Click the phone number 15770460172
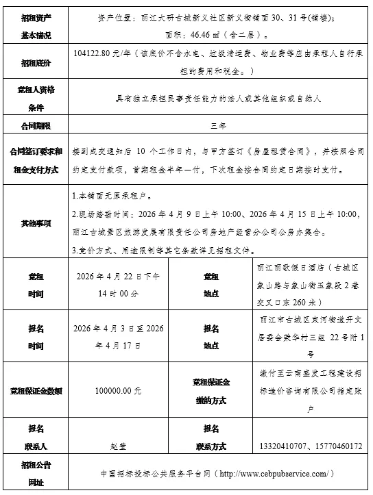(x=337, y=445)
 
